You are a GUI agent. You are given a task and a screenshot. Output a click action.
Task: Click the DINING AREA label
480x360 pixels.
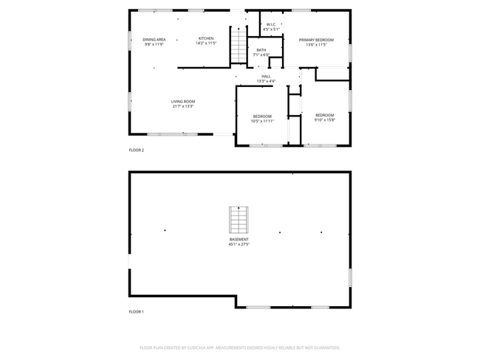154,38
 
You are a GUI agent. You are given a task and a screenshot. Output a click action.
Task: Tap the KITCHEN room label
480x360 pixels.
205,38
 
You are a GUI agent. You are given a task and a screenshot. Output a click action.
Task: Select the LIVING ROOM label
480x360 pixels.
182,102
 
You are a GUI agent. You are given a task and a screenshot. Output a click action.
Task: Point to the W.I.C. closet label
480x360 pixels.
271,24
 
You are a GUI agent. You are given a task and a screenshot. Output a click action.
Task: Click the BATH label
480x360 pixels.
261,50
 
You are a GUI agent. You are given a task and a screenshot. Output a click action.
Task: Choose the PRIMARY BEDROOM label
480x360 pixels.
316,40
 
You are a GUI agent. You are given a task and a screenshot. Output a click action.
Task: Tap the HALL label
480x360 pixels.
266,76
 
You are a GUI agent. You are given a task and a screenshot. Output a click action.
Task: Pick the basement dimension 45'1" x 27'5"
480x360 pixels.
239,244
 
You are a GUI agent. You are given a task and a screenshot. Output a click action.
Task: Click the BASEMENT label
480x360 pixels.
239,240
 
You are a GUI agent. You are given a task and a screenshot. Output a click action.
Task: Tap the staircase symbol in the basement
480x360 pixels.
239,220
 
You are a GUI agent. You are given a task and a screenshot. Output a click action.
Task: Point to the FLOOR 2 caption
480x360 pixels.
137,150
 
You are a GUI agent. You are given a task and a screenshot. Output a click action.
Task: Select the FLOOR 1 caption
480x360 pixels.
137,312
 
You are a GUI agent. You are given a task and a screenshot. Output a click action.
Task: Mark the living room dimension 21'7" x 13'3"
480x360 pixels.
182,106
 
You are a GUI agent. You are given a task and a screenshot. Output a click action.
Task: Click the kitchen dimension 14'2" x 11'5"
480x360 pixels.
205,43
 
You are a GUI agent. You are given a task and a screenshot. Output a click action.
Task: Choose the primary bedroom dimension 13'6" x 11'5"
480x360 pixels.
316,44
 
